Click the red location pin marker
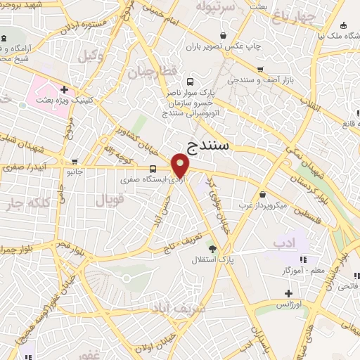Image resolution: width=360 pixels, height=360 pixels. tap(181, 167)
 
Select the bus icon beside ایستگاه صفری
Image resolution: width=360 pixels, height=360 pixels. tap(153, 168)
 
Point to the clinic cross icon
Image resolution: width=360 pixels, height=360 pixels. tap(64, 89)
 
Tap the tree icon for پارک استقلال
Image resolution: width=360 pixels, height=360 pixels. tap(212, 248)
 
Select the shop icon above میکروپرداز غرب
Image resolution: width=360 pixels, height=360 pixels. tap(262, 194)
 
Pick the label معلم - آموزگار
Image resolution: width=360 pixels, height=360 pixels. tap(304, 270)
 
